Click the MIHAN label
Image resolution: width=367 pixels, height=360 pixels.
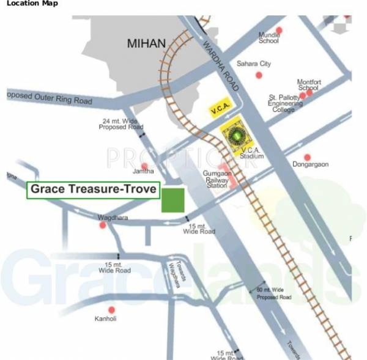coord(146,43)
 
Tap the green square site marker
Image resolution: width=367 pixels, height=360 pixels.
coord(173,200)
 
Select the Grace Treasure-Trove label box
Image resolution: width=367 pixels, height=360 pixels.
coord(93,190)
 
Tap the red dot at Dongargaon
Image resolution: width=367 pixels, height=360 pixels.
coord(308,157)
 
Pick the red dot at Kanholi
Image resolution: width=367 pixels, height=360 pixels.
coord(111,310)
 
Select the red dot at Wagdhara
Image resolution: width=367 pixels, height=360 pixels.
coord(103,226)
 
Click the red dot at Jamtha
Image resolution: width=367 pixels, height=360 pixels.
coord(145,166)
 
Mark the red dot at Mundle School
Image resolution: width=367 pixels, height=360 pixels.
coord(280,30)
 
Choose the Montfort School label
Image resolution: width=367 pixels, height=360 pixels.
coord(309,85)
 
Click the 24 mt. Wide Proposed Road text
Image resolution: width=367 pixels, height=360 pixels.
coord(122,125)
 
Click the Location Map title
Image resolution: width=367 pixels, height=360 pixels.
coord(32,4)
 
